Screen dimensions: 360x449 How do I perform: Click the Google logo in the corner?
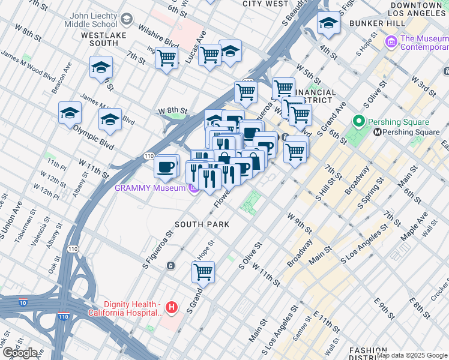tap(20, 353)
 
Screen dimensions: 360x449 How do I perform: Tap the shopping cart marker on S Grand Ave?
tap(203, 271)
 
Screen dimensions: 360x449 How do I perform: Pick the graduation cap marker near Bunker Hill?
tap(328, 23)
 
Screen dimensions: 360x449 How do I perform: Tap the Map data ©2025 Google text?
tap(412, 355)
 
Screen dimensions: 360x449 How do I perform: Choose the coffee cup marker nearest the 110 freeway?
tap(166, 166)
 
